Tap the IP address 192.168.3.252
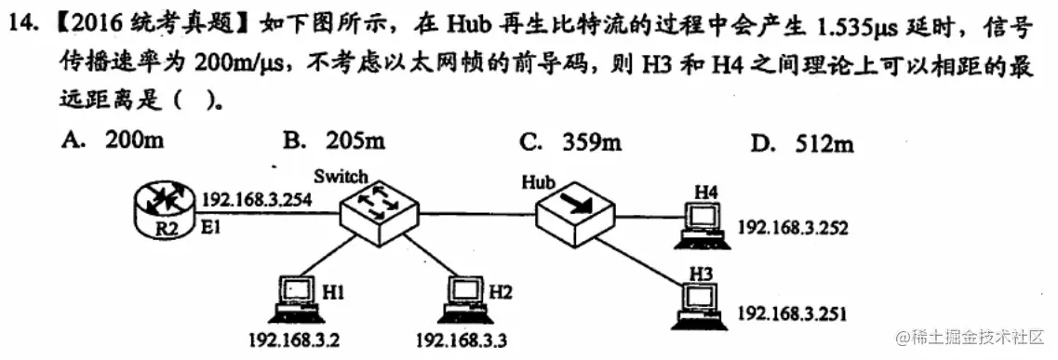coord(793,226)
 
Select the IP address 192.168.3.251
coord(793,313)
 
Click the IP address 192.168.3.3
coord(461,340)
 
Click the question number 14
coord(22,27)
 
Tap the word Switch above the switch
coord(341,176)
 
